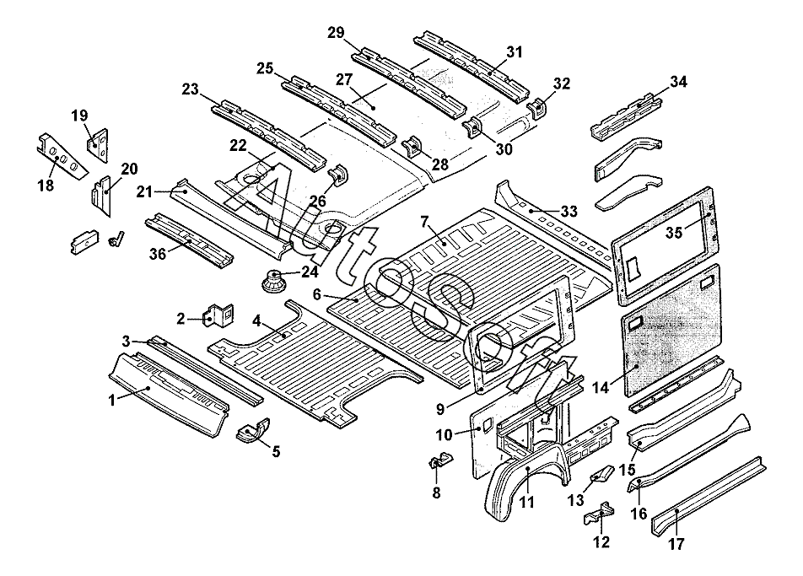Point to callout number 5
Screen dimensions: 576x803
click(x=275, y=451)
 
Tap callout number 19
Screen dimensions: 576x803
click(x=79, y=115)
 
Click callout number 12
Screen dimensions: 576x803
click(x=601, y=542)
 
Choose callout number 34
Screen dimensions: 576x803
click(x=678, y=82)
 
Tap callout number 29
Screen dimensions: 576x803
click(x=336, y=32)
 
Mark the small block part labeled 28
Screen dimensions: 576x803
click(x=414, y=147)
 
